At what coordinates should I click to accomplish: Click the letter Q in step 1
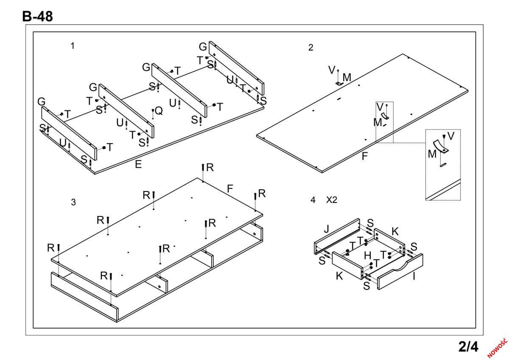(x=159, y=111)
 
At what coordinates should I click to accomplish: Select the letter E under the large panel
(x=138, y=165)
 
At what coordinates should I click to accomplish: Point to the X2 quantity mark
(x=331, y=200)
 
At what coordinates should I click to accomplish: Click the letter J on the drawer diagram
(x=326, y=229)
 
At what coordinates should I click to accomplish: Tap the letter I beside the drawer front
(x=414, y=277)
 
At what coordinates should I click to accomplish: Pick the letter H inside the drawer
(x=368, y=256)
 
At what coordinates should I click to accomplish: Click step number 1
(x=73, y=46)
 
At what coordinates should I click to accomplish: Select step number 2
(x=310, y=48)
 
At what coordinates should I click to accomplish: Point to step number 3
(x=73, y=202)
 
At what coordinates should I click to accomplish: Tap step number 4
(x=313, y=200)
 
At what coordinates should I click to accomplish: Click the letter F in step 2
(x=364, y=156)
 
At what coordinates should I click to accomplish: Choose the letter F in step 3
(x=229, y=188)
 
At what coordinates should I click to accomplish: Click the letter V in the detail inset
(x=451, y=136)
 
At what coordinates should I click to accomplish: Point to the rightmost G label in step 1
(x=203, y=47)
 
